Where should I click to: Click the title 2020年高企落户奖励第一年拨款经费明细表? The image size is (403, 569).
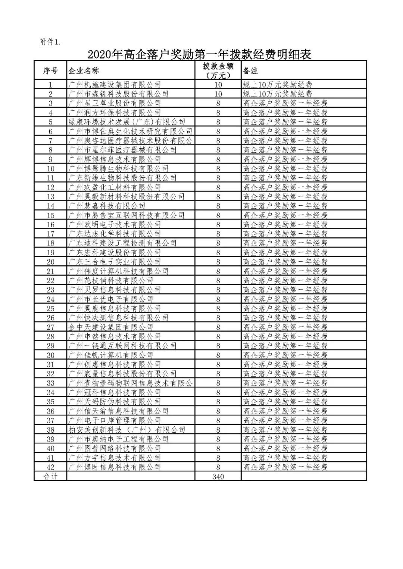click(200, 55)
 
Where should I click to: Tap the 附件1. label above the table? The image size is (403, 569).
click(50, 42)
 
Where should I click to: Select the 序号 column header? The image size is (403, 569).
click(50, 70)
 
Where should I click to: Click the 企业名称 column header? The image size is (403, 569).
click(84, 70)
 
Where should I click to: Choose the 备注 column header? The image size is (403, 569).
click(250, 70)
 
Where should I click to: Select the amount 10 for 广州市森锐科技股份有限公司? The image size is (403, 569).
click(218, 94)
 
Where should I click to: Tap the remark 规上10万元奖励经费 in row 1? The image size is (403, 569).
click(278, 85)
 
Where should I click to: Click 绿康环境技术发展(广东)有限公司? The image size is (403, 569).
click(127, 122)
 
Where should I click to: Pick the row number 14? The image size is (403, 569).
click(50, 206)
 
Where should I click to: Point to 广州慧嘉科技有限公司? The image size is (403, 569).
click(107, 206)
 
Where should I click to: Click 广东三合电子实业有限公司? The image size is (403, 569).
click(115, 262)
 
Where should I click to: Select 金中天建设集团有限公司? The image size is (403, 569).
click(111, 327)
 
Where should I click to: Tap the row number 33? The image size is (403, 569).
click(50, 383)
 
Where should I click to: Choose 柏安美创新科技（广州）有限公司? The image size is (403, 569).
click(127, 430)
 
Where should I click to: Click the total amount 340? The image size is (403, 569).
click(218, 476)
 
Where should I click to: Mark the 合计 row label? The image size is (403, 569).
click(50, 476)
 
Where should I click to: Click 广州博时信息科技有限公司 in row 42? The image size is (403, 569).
click(115, 467)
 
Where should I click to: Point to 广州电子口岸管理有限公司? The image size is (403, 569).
click(115, 420)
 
